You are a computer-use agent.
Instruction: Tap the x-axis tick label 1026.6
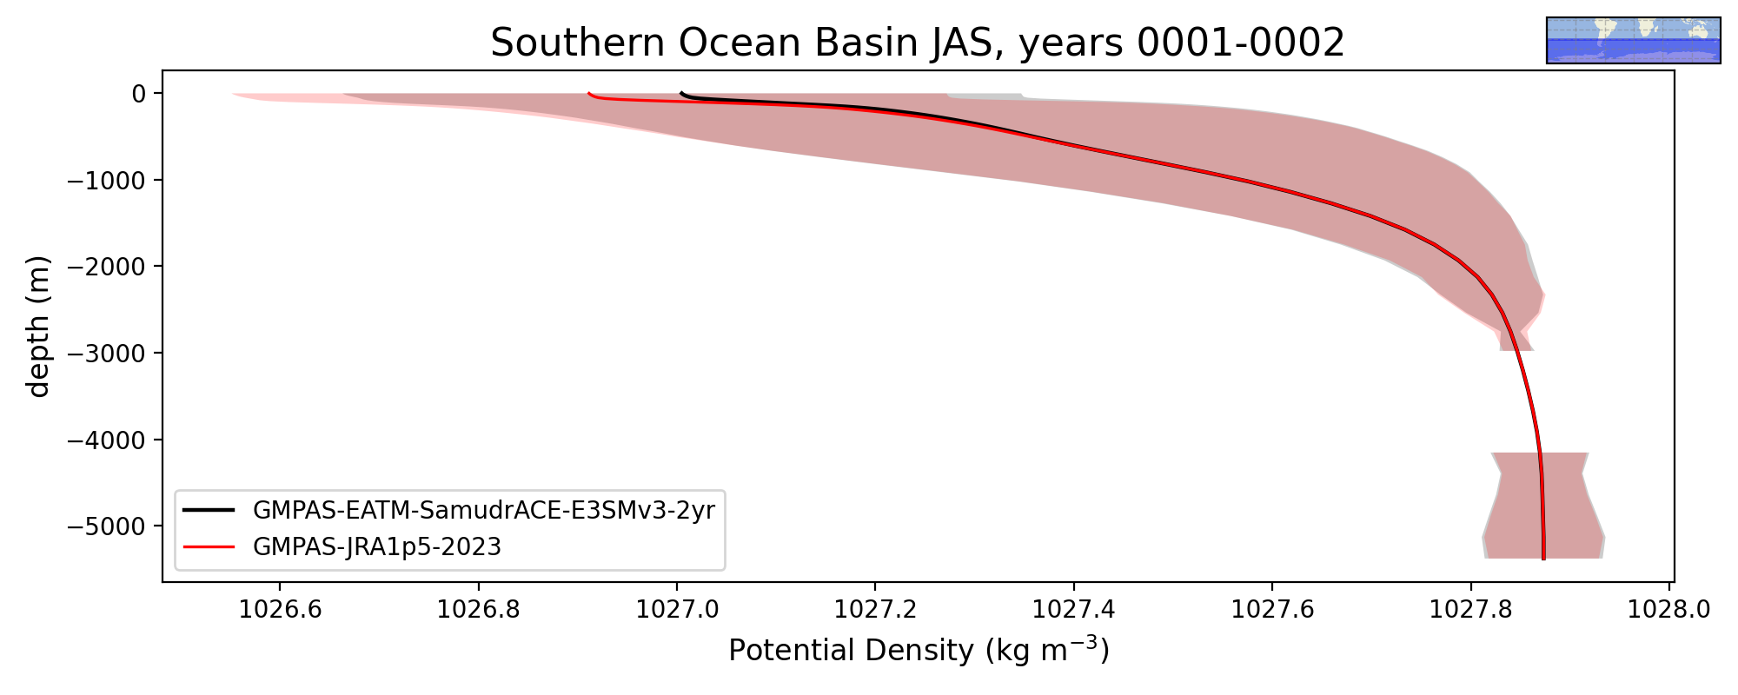280,609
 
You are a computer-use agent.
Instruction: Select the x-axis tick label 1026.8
478,609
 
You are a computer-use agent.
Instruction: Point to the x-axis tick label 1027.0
677,609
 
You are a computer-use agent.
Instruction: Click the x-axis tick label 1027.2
875,609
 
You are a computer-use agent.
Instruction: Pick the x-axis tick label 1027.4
1073,609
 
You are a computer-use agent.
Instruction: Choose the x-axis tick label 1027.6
1272,609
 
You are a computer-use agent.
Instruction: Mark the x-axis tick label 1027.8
1470,609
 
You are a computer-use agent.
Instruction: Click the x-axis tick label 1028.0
1668,609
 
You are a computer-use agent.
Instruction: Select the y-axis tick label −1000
105,180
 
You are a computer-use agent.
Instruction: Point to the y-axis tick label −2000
105,267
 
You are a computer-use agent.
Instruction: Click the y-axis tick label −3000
105,353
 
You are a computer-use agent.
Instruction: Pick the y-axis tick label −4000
105,440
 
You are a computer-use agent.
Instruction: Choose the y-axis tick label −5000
105,526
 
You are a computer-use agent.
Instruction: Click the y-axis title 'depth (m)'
39,326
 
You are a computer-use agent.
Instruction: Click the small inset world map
1634,40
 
